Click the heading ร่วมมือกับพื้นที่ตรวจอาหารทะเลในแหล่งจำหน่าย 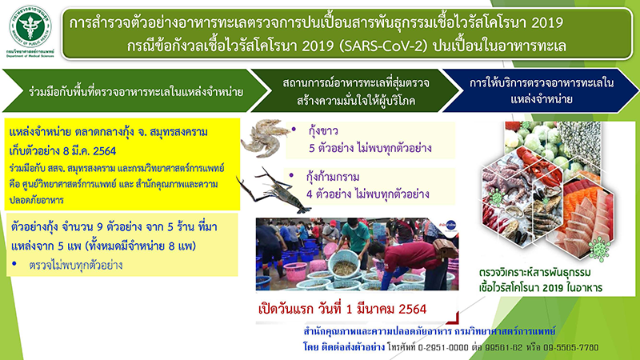tap(128, 90)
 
